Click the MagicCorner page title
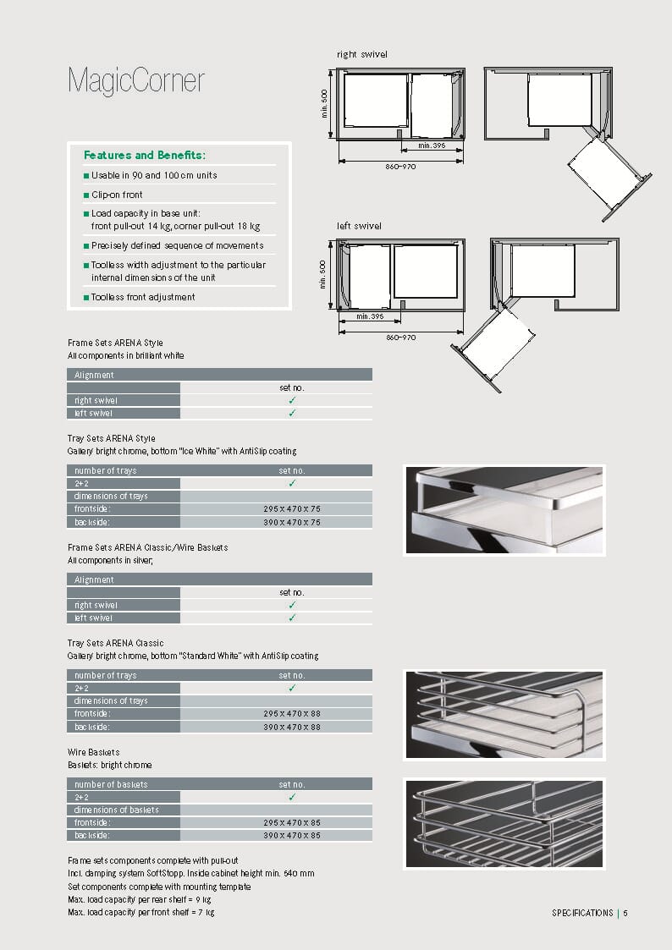[x=135, y=81]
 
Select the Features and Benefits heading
[x=145, y=155]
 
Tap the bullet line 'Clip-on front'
[x=117, y=195]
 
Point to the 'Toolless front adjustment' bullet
[x=143, y=297]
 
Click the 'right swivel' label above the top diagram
[x=361, y=54]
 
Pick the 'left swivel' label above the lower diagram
[x=359, y=226]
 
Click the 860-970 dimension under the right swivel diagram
[x=400, y=167]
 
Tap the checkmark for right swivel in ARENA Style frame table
[x=291, y=400]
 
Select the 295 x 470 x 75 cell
[x=291, y=509]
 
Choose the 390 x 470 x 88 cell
[x=291, y=727]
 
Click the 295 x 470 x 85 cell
[x=291, y=823]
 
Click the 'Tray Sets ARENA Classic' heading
[x=116, y=643]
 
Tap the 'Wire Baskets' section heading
[x=94, y=752]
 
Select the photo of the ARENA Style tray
[x=504, y=509]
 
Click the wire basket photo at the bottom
[x=504, y=823]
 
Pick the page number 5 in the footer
[x=625, y=913]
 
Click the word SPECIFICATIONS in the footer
[x=582, y=913]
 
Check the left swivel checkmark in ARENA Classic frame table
[x=291, y=618]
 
